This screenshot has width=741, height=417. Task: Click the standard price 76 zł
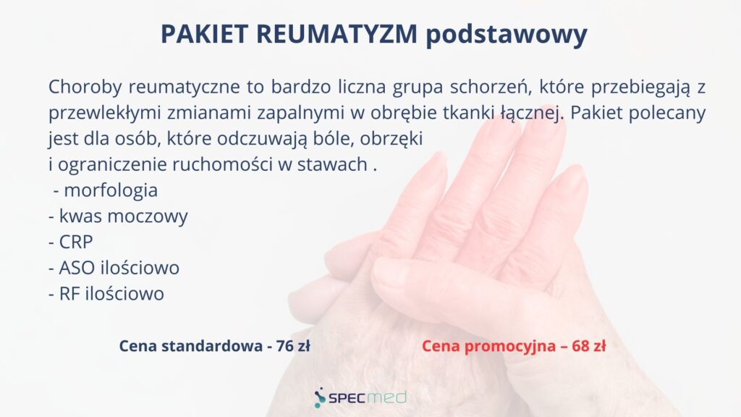pos(293,346)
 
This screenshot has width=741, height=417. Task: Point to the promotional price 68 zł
pos(589,346)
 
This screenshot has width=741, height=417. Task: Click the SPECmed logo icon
pos(320,398)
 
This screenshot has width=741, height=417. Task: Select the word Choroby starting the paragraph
pos(85,88)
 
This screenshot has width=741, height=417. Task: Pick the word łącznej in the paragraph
pos(533,114)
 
